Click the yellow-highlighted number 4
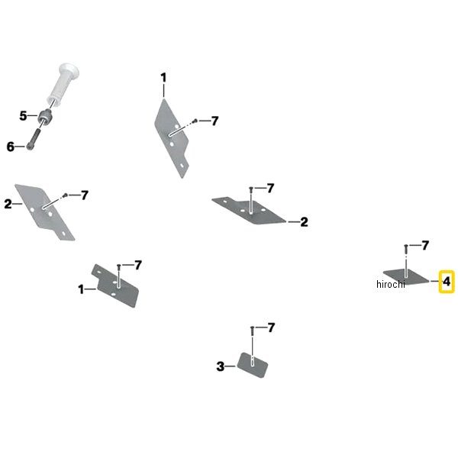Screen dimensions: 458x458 tap(447, 282)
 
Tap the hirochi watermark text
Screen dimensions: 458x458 tap(391, 284)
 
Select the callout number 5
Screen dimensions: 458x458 tap(23, 116)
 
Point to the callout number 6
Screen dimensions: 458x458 tap(10, 147)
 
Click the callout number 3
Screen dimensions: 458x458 tap(221, 366)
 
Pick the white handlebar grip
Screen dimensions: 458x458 tap(63, 83)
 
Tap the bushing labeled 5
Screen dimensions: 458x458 tap(45, 116)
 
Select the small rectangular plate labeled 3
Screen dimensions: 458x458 tap(252, 365)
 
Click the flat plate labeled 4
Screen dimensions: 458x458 tap(407, 277)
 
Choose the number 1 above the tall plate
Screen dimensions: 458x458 tap(163, 78)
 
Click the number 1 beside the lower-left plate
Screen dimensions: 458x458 tap(81, 289)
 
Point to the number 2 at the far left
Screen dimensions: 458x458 tap(8, 204)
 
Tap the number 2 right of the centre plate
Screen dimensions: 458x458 tap(304, 222)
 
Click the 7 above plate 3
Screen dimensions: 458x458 tap(271, 327)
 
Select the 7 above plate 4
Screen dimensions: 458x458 tap(425, 245)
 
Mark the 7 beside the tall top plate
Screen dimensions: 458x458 tap(214, 121)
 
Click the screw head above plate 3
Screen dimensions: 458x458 tap(253, 327)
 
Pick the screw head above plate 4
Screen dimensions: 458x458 tap(406, 246)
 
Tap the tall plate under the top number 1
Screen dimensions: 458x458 tap(171, 138)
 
